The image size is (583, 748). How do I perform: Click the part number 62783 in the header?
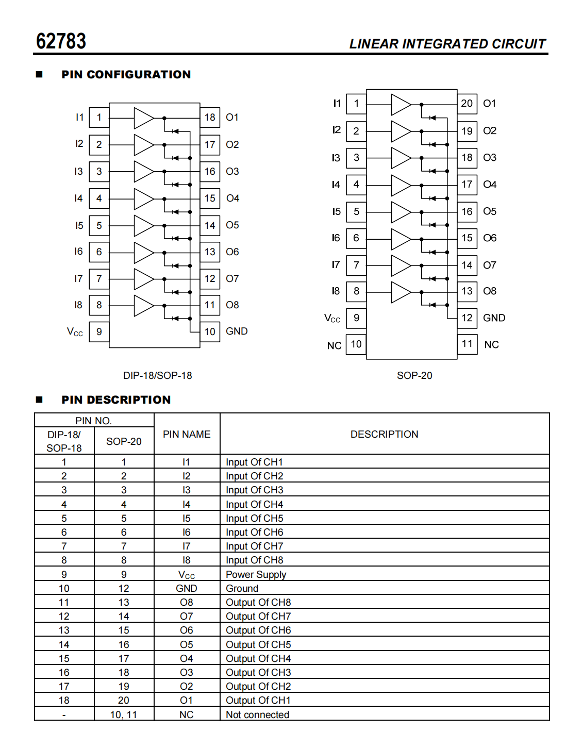[61, 41]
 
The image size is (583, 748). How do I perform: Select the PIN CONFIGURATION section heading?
[126, 75]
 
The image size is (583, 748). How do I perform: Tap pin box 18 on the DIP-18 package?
[209, 118]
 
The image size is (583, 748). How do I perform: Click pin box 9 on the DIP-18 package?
[99, 331]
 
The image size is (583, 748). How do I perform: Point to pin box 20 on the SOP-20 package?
[467, 104]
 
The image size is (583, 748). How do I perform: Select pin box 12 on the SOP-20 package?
[467, 318]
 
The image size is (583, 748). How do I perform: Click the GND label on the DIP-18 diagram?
[237, 331]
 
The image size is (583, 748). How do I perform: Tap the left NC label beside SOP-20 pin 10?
[334, 345]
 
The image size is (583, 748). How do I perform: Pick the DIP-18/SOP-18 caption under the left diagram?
[157, 376]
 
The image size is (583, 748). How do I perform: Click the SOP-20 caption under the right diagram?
[414, 376]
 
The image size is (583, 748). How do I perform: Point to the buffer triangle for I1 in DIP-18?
[144, 118]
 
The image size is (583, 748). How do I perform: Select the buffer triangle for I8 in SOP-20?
[401, 292]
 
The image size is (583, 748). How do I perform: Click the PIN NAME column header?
[187, 435]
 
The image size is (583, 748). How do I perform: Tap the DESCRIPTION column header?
[384, 435]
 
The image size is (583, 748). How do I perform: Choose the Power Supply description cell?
[256, 575]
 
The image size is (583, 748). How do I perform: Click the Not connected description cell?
[257, 715]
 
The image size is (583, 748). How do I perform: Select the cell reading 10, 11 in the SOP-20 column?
[124, 715]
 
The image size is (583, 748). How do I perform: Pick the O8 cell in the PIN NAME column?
[187, 603]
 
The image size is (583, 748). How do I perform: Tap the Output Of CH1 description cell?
[258, 701]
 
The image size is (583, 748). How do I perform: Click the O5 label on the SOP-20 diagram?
[490, 211]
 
